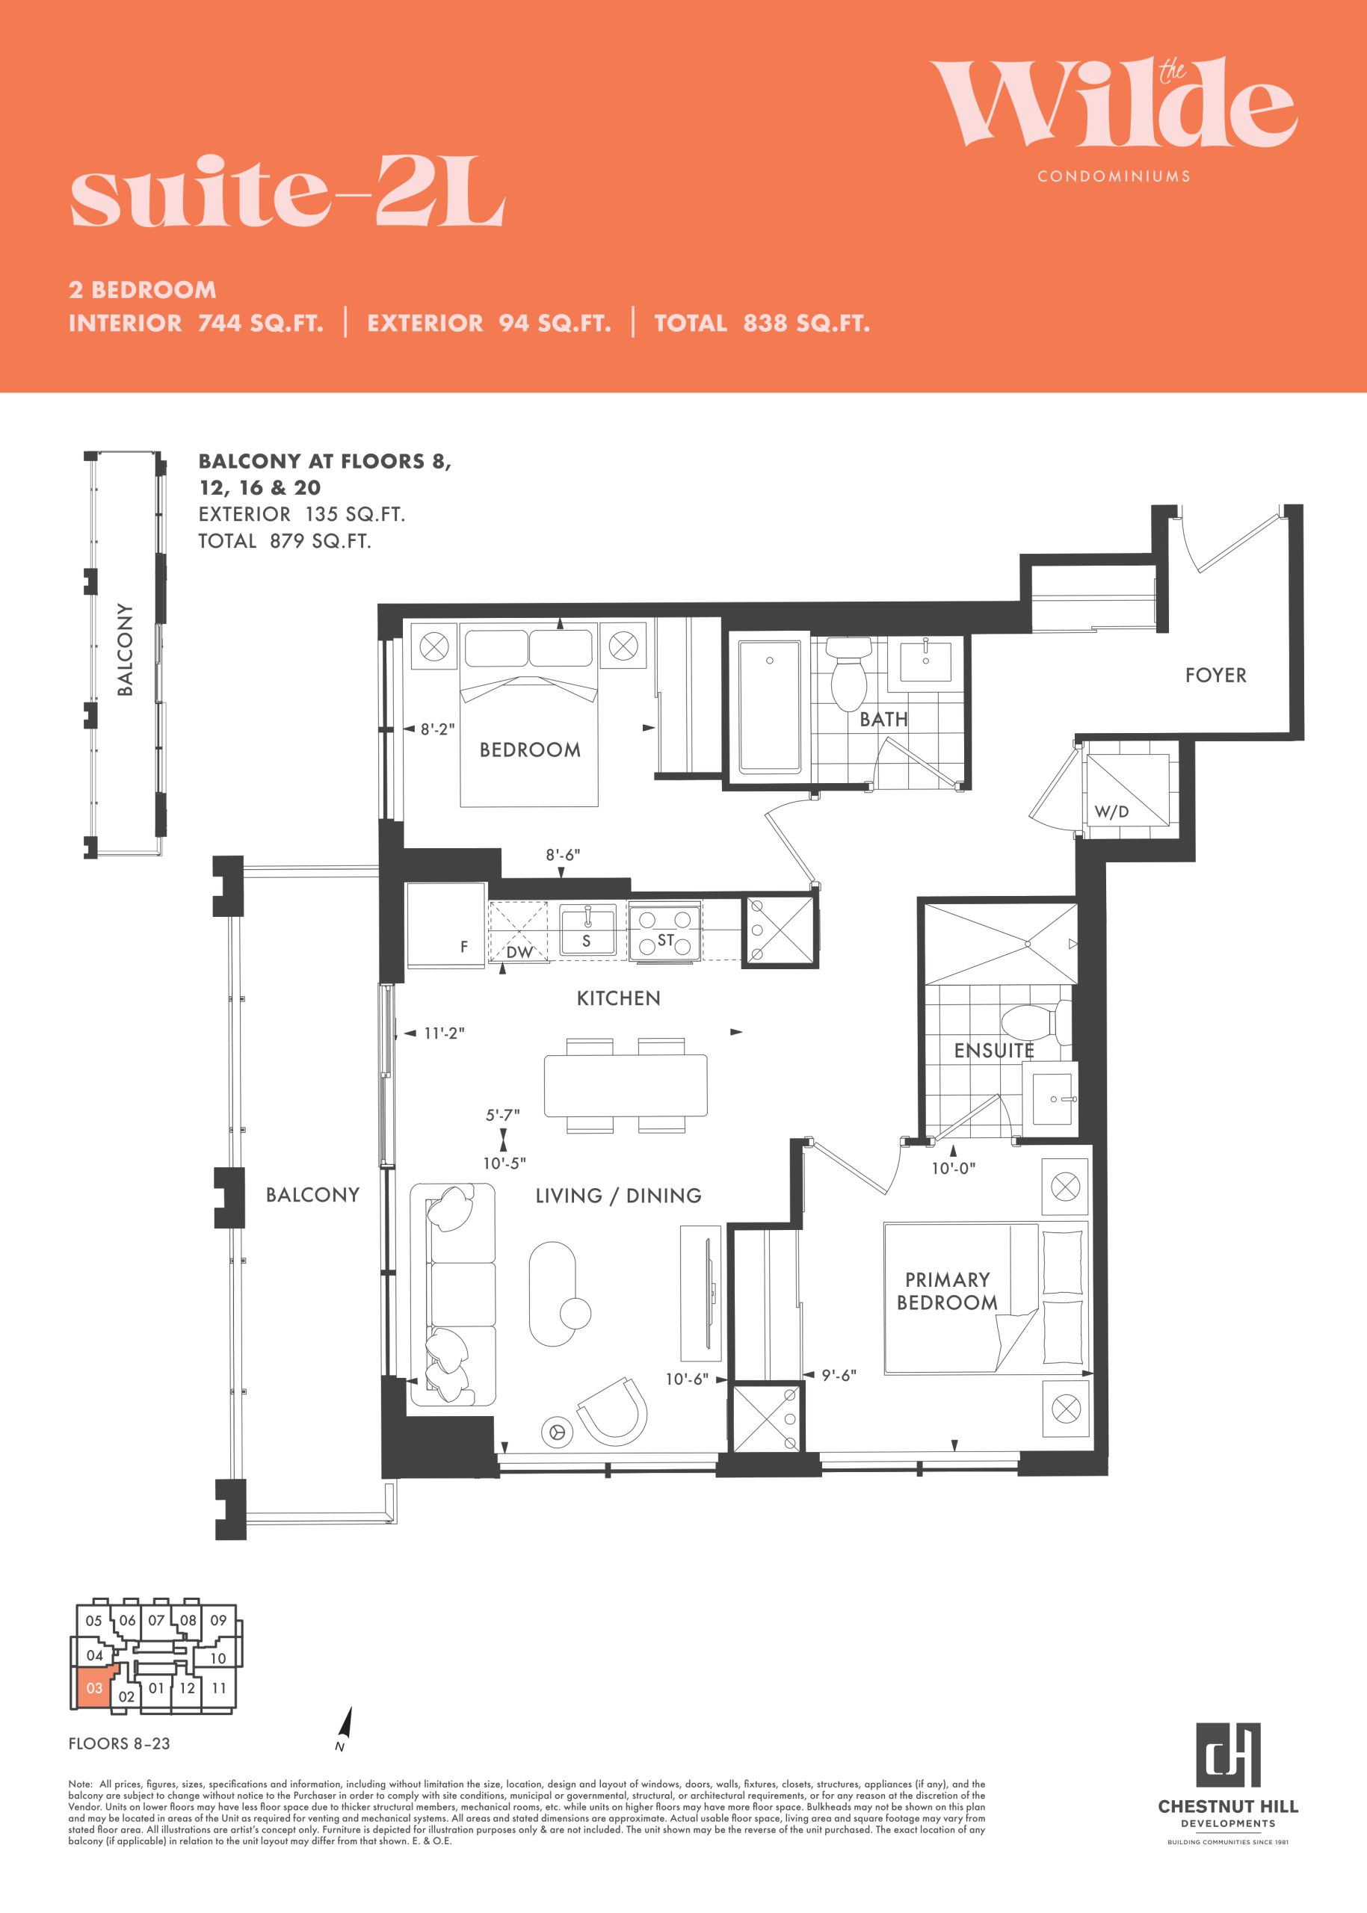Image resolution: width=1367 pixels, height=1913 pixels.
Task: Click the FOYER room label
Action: click(1215, 675)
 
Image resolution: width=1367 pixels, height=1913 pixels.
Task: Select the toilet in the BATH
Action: click(848, 673)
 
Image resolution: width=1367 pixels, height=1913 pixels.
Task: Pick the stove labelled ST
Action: click(665, 932)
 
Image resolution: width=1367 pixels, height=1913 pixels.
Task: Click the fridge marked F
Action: click(446, 925)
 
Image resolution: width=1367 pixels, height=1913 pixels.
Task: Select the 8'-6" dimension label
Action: click(562, 855)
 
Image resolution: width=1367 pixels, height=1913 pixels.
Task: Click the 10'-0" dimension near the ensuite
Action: click(953, 1168)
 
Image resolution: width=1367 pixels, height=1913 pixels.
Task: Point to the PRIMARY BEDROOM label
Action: click(947, 1291)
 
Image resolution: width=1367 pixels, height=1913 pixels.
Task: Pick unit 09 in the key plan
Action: click(219, 1620)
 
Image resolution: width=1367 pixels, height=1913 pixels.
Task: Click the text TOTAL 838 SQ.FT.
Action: click(762, 323)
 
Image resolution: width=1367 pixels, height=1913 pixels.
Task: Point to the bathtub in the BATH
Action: click(769, 706)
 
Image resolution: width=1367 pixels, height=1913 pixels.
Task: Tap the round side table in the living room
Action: click(576, 1311)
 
